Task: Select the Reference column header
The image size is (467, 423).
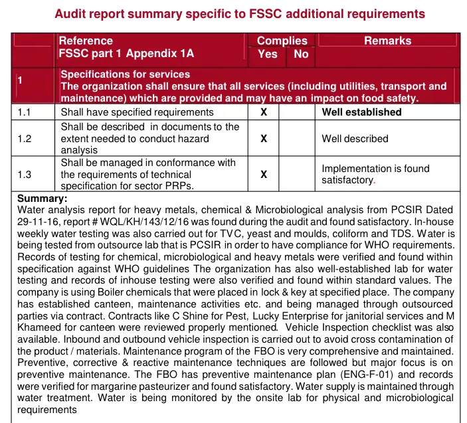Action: (86, 41)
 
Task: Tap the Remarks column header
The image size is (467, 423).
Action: (387, 41)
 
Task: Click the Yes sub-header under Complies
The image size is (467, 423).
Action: (267, 54)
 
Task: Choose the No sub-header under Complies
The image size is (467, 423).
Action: (301, 54)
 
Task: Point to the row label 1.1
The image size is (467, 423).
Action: (25, 112)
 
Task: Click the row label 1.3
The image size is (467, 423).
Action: (25, 175)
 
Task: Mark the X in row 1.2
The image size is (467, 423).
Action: (264, 139)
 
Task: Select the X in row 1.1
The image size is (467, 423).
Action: (264, 112)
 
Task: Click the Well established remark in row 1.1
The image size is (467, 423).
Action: (361, 112)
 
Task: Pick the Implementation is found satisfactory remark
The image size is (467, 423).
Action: (375, 175)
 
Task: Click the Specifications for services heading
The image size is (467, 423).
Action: (125, 74)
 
